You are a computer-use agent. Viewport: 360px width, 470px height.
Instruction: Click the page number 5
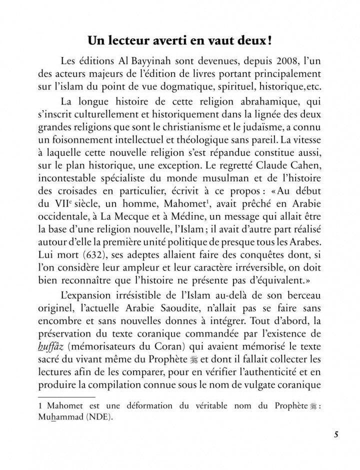337,447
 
